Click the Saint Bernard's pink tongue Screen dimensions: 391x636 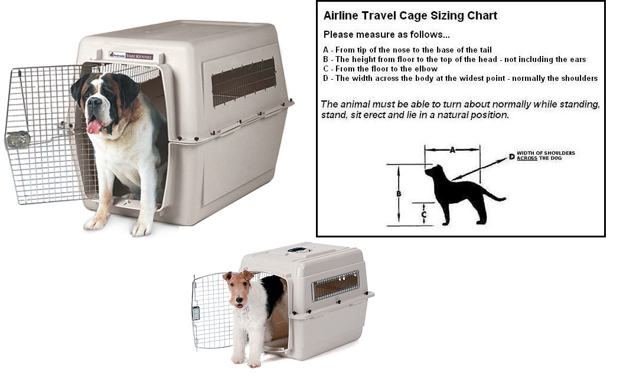[x=94, y=126]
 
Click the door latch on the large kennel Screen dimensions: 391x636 [x=17, y=139]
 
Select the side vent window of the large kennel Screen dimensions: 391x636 [x=243, y=82]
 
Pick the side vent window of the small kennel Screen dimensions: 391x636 [x=335, y=286]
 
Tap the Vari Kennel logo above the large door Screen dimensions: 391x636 [x=131, y=56]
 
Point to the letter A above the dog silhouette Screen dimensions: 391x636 [x=452, y=150]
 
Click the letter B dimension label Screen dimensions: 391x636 [x=399, y=194]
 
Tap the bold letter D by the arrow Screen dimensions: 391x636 [x=511, y=157]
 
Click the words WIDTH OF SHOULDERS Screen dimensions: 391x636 [x=546, y=153]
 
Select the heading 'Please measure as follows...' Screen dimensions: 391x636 [x=386, y=35]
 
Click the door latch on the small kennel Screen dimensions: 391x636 [x=196, y=312]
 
